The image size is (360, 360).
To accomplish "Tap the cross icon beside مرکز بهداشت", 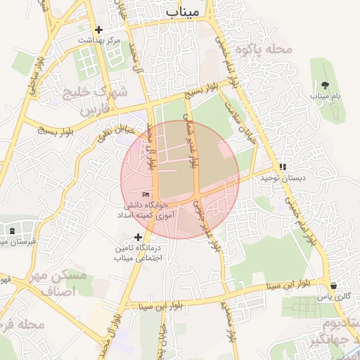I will (x=98, y=30).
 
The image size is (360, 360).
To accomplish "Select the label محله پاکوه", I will (x=263, y=49).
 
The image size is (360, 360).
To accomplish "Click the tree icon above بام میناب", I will (x=325, y=84).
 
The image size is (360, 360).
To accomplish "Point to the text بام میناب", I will (x=325, y=95).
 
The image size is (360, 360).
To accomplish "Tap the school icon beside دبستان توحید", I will (x=283, y=167).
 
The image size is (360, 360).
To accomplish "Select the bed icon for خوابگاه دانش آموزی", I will (x=146, y=194).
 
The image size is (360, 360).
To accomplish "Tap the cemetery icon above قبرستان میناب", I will (x=12, y=231).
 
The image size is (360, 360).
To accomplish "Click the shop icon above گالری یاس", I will (x=333, y=285).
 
